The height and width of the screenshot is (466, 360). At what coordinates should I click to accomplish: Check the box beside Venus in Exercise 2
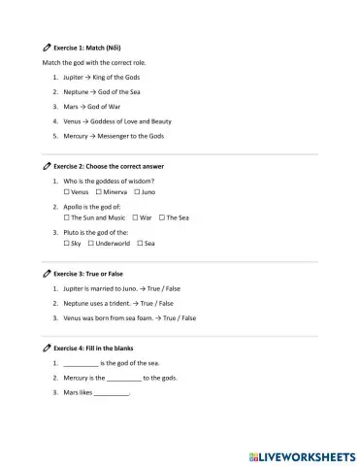click(x=64, y=192)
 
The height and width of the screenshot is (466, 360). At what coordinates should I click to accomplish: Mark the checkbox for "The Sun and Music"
click(x=64, y=217)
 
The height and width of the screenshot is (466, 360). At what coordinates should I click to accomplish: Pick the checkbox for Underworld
click(x=90, y=243)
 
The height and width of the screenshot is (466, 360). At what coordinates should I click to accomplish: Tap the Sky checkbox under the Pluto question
click(x=64, y=243)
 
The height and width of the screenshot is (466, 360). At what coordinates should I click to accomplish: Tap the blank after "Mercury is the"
click(x=123, y=378)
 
